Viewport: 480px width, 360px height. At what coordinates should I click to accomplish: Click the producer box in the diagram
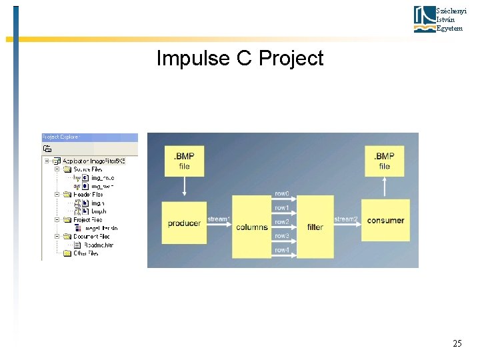[x=184, y=223]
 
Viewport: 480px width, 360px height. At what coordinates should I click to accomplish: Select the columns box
[x=252, y=227]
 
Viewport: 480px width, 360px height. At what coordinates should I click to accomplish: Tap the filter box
[x=315, y=227]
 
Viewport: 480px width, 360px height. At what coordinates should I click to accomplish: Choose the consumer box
[x=385, y=220]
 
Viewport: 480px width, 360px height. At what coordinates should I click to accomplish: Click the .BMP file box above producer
[x=184, y=161]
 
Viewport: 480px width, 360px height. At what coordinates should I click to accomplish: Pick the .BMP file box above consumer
[x=385, y=161]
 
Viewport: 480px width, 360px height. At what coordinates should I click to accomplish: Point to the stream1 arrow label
[x=219, y=219]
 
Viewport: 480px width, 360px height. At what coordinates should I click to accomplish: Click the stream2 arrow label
[x=346, y=219]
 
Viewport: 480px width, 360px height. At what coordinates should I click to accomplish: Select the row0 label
[x=282, y=193]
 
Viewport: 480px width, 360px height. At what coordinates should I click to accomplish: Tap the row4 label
[x=282, y=250]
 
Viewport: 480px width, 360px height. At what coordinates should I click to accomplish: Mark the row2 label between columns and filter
[x=282, y=221]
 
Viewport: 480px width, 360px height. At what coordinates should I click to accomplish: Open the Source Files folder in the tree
[x=87, y=169]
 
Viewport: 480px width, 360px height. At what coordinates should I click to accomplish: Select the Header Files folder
[x=87, y=195]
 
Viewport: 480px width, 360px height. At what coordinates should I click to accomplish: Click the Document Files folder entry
[x=91, y=236]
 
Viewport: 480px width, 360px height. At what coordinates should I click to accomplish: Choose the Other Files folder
[x=85, y=253]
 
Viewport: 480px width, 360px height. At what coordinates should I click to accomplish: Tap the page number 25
[x=457, y=344]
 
